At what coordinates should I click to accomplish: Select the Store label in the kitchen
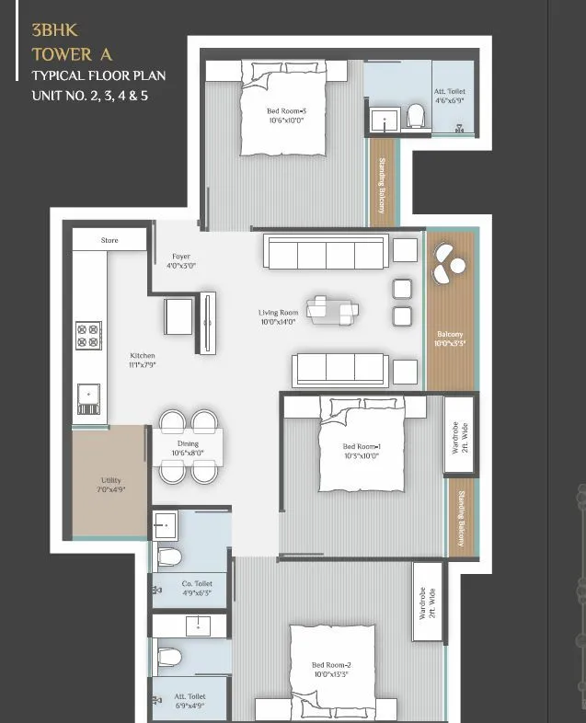click(109, 240)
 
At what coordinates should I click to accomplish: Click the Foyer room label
click(181, 261)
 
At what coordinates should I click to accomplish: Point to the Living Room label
click(278, 317)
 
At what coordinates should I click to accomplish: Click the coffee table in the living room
click(328, 310)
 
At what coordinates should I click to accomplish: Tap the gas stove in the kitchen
click(89, 335)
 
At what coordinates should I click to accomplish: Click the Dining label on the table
click(188, 448)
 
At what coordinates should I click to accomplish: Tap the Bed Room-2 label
click(329, 669)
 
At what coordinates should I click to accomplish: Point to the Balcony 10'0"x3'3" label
click(450, 339)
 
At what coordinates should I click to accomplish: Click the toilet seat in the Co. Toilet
click(168, 557)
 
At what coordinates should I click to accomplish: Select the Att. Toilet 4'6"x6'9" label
click(451, 97)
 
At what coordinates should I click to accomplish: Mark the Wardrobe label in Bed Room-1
click(458, 435)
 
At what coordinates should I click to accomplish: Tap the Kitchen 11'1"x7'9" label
click(143, 360)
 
